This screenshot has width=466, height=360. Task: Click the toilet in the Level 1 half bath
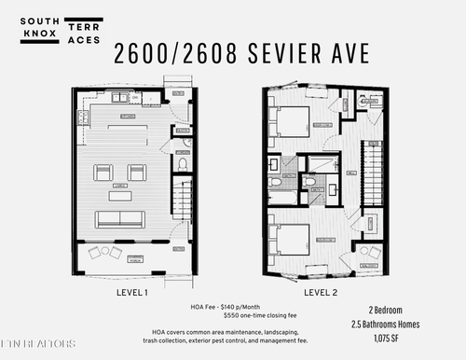[x=183, y=165]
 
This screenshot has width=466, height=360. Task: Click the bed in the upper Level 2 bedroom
[x=292, y=122]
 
